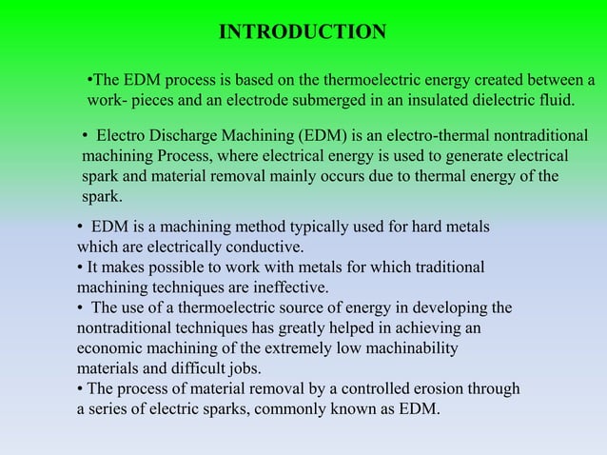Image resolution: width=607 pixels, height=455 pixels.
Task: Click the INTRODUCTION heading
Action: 303,33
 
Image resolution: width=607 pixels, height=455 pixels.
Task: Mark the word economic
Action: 108,348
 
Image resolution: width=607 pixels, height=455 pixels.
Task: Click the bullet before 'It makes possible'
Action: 80,267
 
